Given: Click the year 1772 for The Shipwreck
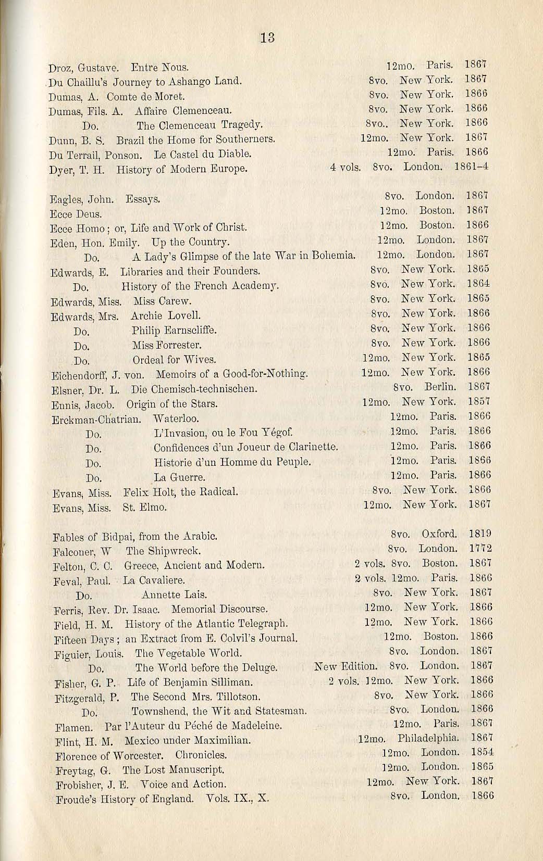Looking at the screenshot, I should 480,549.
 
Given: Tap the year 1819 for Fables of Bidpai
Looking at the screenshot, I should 480,534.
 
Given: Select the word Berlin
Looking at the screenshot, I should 440,387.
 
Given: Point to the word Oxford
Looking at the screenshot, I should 439,534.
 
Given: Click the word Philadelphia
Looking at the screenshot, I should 428,738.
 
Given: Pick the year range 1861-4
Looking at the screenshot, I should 471,168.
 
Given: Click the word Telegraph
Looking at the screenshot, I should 263,623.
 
